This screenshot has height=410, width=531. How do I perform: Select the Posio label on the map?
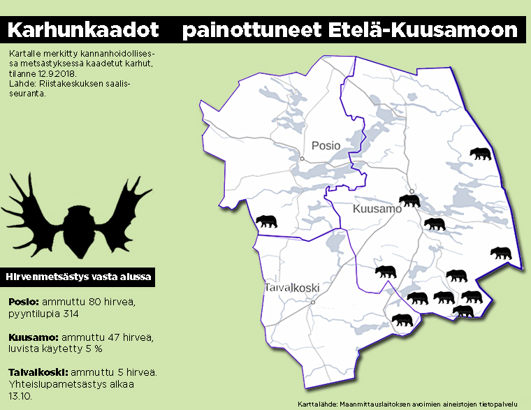326,145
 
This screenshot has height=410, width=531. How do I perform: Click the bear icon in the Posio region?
267,221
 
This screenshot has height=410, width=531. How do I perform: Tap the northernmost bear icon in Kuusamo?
480,154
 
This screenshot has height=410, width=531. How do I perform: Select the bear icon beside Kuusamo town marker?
408,201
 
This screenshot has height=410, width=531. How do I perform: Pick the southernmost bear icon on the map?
402,321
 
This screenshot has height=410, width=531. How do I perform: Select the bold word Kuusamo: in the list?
31,337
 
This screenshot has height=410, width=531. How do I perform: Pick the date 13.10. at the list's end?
21,395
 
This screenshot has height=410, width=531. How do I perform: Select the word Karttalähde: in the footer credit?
316,404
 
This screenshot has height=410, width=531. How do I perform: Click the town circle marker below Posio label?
302,159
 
